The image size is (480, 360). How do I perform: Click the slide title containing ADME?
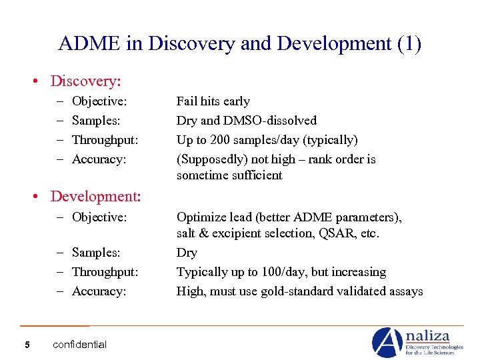tap(240, 44)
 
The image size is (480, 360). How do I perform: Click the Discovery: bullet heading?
tap(85, 81)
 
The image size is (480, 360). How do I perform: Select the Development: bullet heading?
tap(95, 196)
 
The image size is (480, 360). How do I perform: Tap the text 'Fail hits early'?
tap(213, 101)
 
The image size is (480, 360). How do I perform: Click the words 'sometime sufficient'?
tap(229, 175)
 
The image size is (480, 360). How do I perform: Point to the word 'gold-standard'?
tap(301, 291)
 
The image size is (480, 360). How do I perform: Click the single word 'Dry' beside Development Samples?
tap(187, 253)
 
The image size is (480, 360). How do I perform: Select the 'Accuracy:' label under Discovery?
tap(99, 159)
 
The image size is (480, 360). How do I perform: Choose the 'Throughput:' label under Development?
tap(105, 272)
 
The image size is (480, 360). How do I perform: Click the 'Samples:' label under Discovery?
tap(96, 121)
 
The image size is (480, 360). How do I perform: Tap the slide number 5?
tap(26, 344)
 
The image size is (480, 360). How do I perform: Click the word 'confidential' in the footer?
tap(79, 345)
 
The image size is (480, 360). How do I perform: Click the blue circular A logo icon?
tap(387, 342)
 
